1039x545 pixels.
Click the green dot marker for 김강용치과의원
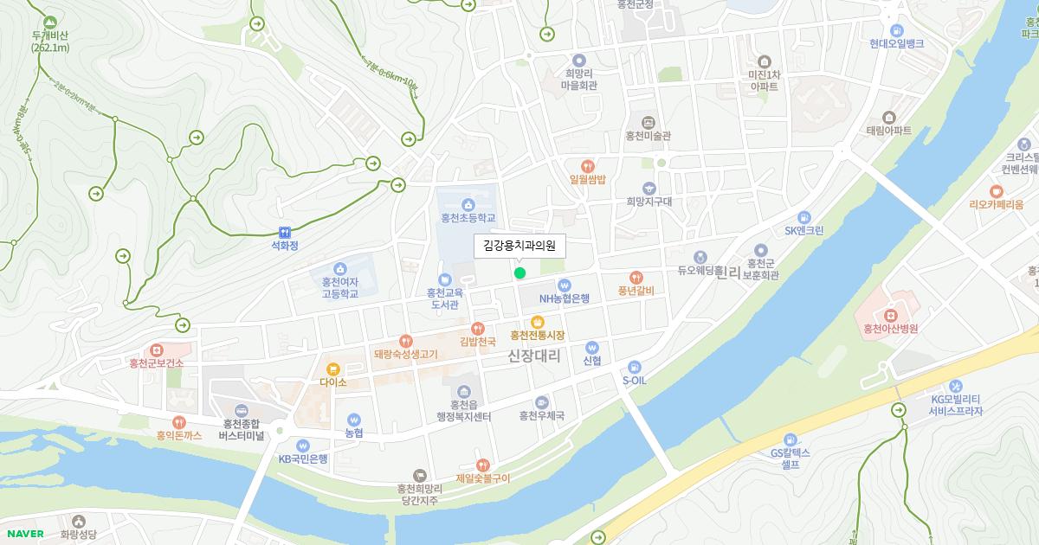(519, 273)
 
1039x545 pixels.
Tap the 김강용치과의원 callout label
(519, 247)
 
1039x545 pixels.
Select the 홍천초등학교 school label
(468, 218)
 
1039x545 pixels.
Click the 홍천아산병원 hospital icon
(890, 312)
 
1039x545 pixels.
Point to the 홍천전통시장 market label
(537, 335)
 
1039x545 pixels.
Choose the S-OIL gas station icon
(635, 366)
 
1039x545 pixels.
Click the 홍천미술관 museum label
(649, 136)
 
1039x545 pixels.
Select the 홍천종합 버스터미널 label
(242, 429)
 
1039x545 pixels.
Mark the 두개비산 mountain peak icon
(50, 20)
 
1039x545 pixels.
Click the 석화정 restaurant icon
(285, 232)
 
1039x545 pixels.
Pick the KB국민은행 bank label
(303, 458)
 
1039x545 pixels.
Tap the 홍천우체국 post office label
(541, 416)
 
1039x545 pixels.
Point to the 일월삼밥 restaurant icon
(588, 165)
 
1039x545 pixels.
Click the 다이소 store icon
(332, 369)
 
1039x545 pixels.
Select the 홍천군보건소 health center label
(156, 363)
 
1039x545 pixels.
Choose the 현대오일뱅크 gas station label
(897, 43)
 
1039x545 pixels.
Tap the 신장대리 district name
(534, 356)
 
